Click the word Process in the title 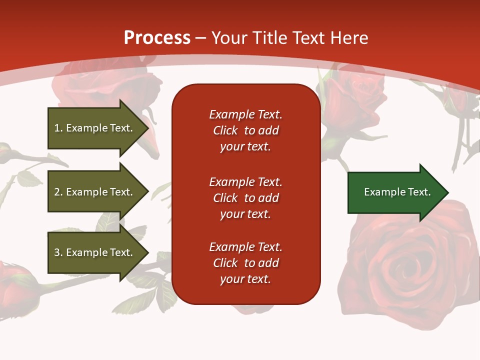click(157, 38)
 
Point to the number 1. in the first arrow click(58, 128)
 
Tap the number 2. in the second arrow click(58, 192)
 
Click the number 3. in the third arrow click(58, 252)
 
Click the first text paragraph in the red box click(245, 130)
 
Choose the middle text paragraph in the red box click(245, 198)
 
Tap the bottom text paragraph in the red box click(245, 263)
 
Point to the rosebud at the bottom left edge click(15, 285)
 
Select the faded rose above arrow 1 click(107, 85)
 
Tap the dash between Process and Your click(201, 38)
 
